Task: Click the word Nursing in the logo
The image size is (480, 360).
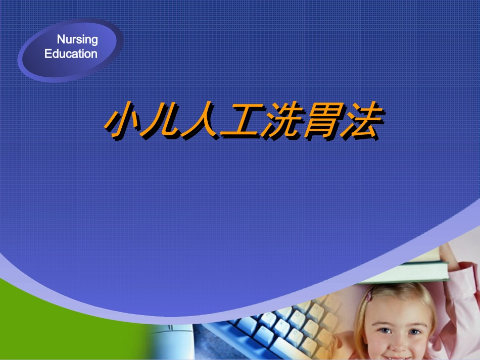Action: (x=77, y=40)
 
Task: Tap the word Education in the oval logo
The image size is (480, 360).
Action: (x=71, y=54)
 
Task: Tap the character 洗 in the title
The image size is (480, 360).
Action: (x=279, y=122)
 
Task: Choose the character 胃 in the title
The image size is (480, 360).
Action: (x=319, y=122)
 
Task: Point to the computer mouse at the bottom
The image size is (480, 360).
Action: (x=172, y=343)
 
